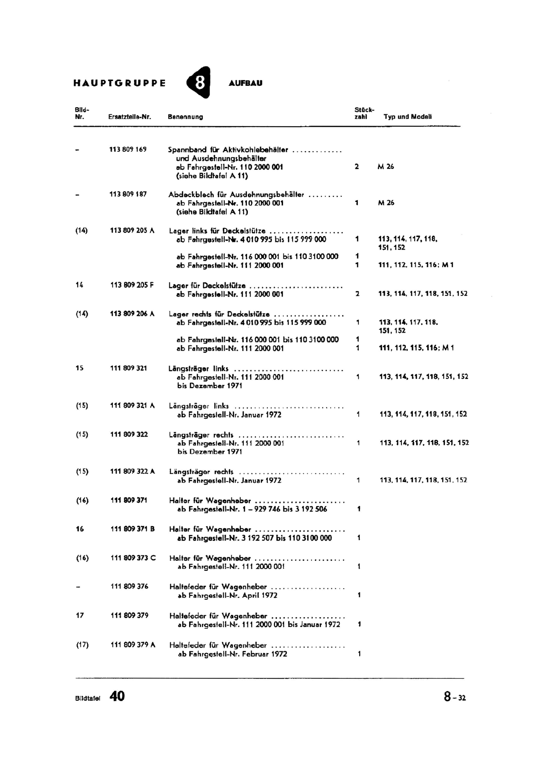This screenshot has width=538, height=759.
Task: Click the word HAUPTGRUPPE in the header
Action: tap(119, 83)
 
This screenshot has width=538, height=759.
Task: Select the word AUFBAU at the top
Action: tap(245, 83)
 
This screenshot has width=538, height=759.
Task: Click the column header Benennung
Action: tap(185, 117)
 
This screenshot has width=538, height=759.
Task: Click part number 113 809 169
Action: tap(128, 149)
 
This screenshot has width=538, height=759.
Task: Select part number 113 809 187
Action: tap(128, 194)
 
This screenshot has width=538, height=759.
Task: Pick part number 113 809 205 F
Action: tap(132, 286)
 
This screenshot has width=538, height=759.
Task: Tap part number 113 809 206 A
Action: tap(132, 314)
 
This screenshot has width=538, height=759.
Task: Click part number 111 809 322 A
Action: tap(133, 472)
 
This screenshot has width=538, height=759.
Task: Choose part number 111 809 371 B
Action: tap(133, 529)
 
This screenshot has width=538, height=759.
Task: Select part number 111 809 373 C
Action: tap(133, 558)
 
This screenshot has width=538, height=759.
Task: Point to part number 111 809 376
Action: tap(129, 586)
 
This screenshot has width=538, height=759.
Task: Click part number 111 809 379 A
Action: tap(133, 645)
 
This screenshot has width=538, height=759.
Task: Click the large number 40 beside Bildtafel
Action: tap(117, 696)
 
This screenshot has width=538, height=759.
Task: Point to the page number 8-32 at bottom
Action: tap(455, 697)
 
